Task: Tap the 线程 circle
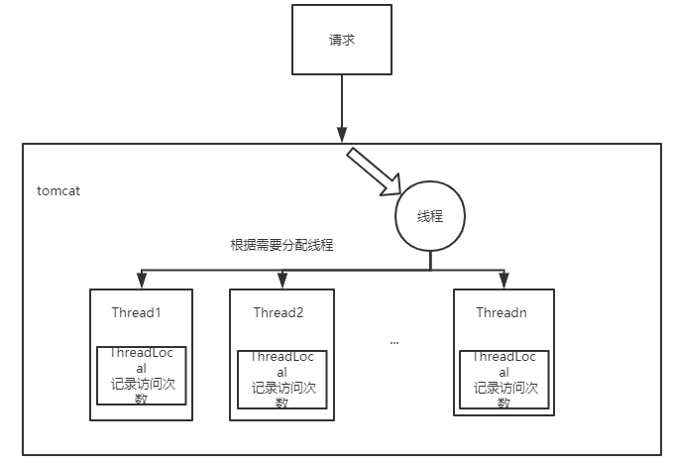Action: click(x=430, y=215)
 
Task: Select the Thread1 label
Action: click(x=137, y=312)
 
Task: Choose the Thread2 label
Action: click(x=278, y=313)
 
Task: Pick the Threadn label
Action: click(x=502, y=312)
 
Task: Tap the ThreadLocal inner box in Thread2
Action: click(x=282, y=378)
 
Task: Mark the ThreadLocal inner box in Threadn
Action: click(x=505, y=378)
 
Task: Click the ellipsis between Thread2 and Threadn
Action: click(x=393, y=342)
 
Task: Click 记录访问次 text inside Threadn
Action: click(x=505, y=388)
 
